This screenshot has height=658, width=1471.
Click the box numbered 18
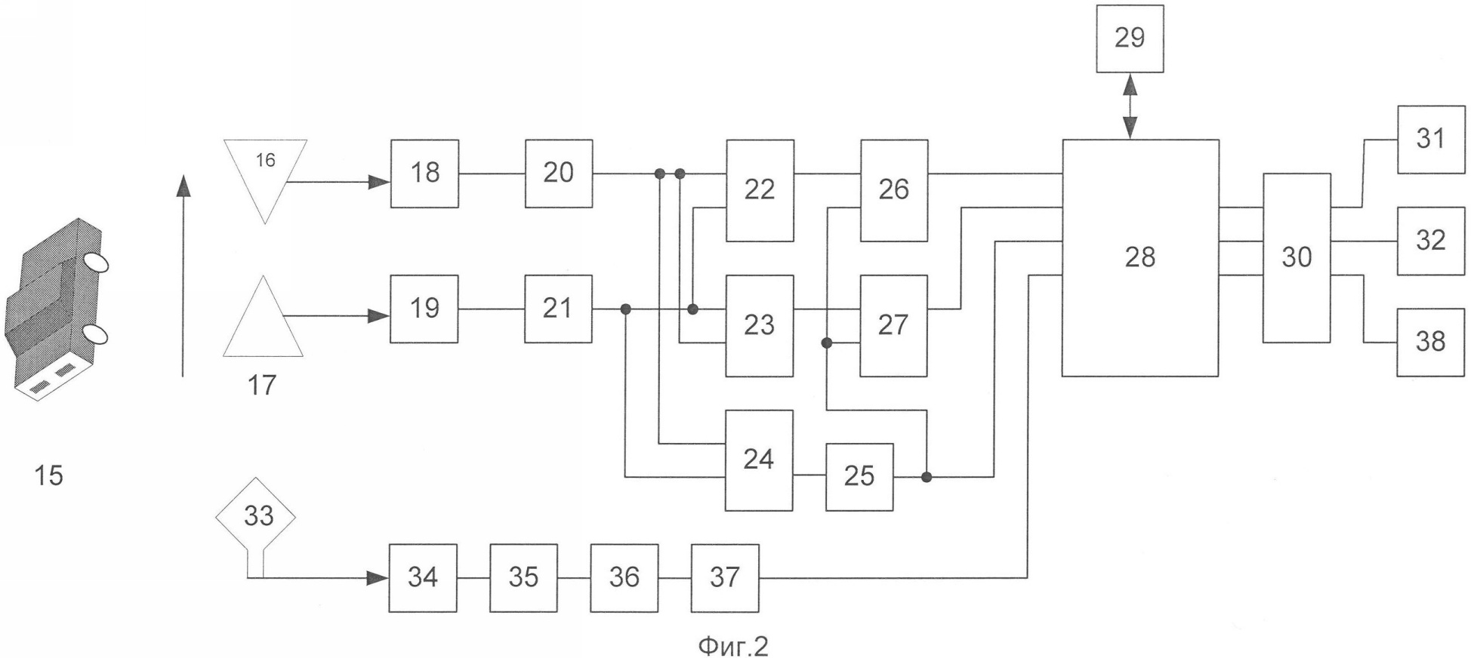point(424,174)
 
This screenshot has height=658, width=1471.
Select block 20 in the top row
point(559,174)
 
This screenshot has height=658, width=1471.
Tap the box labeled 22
point(760,190)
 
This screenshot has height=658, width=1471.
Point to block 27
point(894,326)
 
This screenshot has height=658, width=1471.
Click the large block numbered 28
point(1140,257)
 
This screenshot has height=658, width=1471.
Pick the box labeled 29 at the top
point(1130,38)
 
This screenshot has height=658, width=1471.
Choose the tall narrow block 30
point(1297,258)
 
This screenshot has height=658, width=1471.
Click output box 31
point(1431,140)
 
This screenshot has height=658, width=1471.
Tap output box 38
point(1431,342)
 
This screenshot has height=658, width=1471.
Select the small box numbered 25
point(859,477)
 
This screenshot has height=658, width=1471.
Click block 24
point(760,460)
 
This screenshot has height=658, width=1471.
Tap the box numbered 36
point(624,578)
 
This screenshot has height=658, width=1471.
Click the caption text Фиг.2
point(733,646)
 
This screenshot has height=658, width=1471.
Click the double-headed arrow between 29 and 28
point(1130,106)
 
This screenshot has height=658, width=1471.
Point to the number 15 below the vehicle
point(49,475)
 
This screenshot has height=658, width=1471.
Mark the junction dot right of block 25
point(927,477)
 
